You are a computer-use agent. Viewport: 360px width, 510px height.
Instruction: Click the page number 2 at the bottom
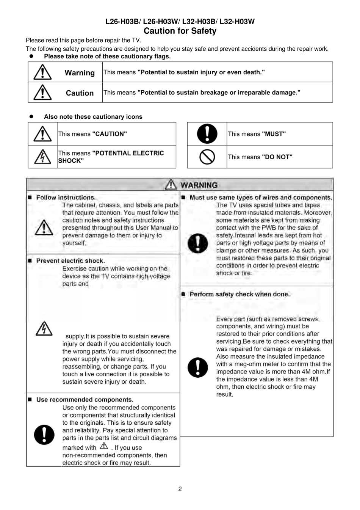click(x=180, y=489)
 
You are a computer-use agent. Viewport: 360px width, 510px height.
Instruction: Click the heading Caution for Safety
click(x=180, y=31)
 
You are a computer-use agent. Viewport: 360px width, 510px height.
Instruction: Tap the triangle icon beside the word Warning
click(x=42, y=72)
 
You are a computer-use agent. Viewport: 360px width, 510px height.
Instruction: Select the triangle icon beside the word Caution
click(x=42, y=93)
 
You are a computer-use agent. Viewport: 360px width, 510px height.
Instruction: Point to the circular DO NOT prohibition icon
click(x=207, y=157)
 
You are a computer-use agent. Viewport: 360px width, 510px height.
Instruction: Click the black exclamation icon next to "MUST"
click(x=207, y=133)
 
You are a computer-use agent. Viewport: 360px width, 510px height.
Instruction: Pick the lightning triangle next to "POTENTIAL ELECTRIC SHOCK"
click(x=42, y=157)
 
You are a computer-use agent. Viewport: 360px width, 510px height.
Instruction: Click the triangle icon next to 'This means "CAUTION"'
click(x=42, y=134)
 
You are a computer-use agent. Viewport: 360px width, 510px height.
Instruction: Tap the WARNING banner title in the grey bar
click(x=199, y=185)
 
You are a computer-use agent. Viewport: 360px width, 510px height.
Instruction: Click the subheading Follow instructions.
click(x=66, y=198)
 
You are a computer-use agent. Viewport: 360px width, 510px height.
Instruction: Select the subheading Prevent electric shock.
click(x=70, y=261)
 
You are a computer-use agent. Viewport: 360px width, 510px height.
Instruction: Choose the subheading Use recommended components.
click(x=85, y=400)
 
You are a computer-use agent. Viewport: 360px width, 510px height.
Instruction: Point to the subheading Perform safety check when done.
click(x=239, y=294)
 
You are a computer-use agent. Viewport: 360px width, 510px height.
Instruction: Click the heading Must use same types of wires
click(x=261, y=198)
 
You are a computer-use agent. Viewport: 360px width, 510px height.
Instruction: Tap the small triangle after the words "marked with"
click(x=104, y=446)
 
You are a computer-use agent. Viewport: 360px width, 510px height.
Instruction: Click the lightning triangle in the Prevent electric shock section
click(x=44, y=328)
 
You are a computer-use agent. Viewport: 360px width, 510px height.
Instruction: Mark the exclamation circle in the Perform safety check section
click(x=197, y=367)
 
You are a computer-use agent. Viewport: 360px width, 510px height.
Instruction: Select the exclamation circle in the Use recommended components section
click(x=44, y=434)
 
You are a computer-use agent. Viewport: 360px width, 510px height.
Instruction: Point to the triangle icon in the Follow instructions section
click(x=44, y=228)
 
